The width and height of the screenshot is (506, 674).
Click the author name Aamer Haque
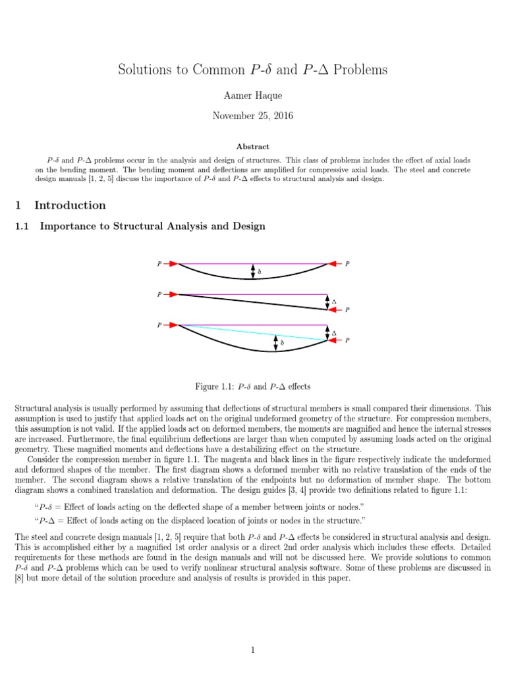point(252,97)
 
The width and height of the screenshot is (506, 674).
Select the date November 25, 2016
point(252,116)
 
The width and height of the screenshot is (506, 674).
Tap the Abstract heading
point(252,147)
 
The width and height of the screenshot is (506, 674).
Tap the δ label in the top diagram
point(258,271)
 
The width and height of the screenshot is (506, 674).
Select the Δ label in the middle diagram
point(334,302)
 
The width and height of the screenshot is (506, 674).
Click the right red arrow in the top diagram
point(335,264)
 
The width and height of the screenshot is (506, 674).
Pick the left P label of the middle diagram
point(159,295)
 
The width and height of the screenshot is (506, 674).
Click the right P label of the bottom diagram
point(347,341)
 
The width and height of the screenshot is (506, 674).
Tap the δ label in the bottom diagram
point(282,343)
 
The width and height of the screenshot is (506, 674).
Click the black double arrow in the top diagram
point(252,271)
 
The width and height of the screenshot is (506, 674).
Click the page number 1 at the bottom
point(252,633)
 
